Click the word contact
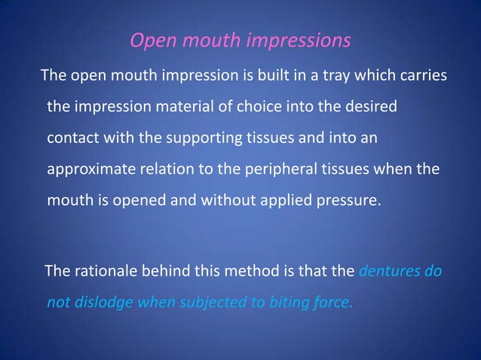pyautogui.click(x=72, y=139)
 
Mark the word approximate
pyautogui.click(x=90, y=171)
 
